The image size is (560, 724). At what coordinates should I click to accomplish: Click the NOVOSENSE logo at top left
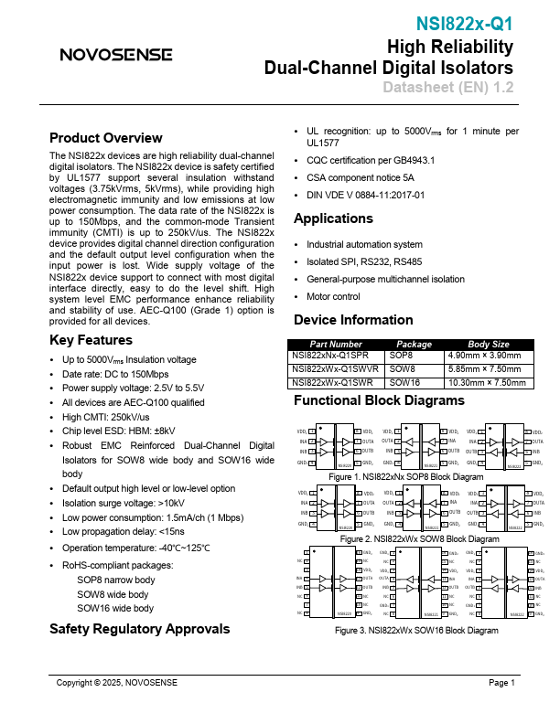[x=116, y=54]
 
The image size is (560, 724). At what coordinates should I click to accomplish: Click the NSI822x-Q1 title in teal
[x=465, y=24]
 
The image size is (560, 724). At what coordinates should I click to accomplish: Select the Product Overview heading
[x=105, y=138]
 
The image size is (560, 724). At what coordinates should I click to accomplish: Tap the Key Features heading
[x=91, y=340]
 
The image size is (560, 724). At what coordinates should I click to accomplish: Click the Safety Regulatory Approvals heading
[x=139, y=629]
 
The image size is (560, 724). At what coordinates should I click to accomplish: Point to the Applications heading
[x=333, y=218]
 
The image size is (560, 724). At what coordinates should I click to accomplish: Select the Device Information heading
[x=352, y=320]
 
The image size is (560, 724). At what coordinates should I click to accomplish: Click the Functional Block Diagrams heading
[x=379, y=400]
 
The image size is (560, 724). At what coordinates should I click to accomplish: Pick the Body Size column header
[x=488, y=344]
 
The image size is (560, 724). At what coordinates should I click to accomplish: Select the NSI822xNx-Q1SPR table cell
[x=330, y=355]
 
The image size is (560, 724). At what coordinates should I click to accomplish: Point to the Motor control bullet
[x=333, y=297]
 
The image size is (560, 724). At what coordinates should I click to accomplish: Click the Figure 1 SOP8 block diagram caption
[x=405, y=477]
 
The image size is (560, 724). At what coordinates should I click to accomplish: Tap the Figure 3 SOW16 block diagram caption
[x=416, y=631]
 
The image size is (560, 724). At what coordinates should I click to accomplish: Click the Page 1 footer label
[x=502, y=683]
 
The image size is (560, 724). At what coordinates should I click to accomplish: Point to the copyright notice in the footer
[x=117, y=683]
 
